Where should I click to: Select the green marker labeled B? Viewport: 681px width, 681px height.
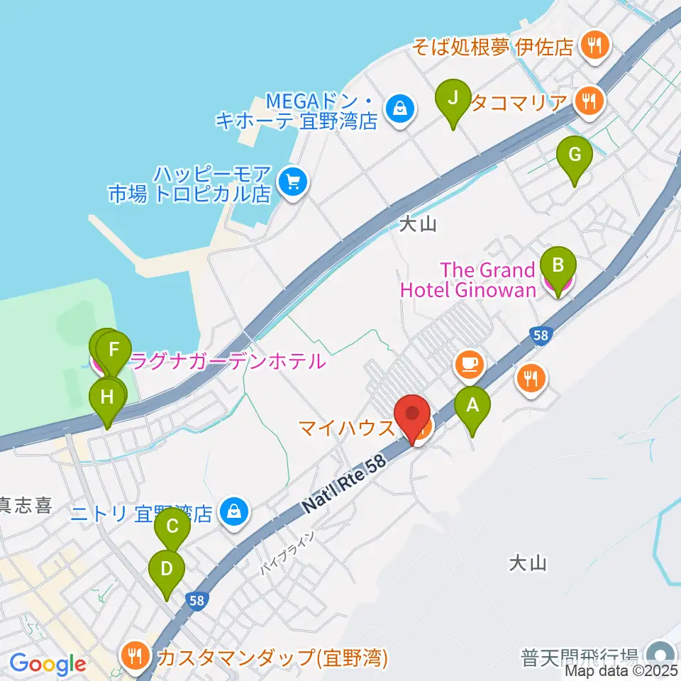tap(558, 267)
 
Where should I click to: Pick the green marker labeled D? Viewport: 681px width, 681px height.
tap(167, 570)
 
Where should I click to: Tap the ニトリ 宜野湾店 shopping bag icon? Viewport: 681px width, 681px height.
tap(231, 511)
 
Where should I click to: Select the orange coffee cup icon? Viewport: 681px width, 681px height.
tap(468, 365)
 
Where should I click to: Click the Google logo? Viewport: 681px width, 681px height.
tap(48, 665)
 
